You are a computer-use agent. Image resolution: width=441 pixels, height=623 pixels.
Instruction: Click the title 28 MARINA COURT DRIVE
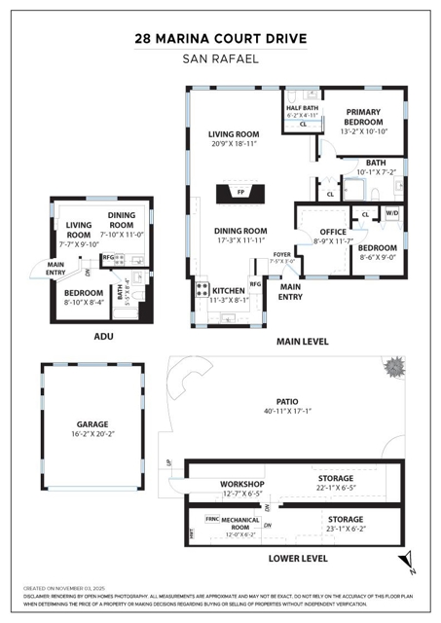pyautogui.click(x=220, y=39)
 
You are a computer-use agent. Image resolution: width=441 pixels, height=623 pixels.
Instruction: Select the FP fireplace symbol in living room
pyautogui.click(x=240, y=193)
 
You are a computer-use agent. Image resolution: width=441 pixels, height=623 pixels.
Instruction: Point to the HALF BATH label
pyautogui.click(x=303, y=108)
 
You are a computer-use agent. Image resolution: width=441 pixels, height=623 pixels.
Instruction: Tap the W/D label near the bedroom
pyautogui.click(x=391, y=212)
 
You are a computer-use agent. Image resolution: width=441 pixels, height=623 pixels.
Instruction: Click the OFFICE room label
pyautogui.click(x=333, y=231)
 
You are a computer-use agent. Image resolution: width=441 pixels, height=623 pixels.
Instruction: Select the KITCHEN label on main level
pyautogui.click(x=228, y=290)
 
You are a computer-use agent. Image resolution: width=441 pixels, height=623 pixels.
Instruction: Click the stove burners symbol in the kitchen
pyautogui.click(x=202, y=289)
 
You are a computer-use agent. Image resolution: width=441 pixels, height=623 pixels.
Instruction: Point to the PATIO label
pyautogui.click(x=286, y=400)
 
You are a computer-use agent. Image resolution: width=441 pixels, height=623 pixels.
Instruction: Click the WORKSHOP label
pyautogui.click(x=242, y=484)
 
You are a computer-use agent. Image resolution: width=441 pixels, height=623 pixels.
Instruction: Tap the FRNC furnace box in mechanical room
pyautogui.click(x=211, y=519)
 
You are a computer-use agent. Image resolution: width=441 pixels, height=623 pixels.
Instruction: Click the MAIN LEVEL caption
pyautogui.click(x=303, y=342)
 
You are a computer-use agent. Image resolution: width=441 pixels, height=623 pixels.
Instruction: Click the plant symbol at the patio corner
pyautogui.click(x=395, y=368)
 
